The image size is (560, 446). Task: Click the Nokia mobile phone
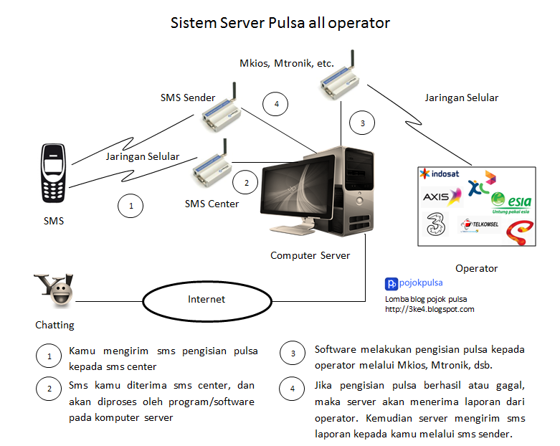(54, 174)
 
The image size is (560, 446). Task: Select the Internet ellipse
(207, 300)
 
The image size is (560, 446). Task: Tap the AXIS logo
(437, 196)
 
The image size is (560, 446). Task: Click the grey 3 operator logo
(432, 223)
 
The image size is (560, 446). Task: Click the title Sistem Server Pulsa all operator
(280, 22)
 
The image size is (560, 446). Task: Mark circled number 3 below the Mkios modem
(363, 123)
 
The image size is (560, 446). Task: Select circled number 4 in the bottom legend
(292, 390)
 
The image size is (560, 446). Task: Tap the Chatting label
(54, 325)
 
